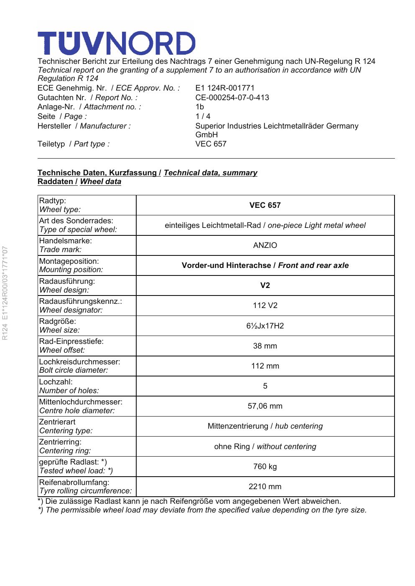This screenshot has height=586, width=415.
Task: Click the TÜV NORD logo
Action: tap(116, 43)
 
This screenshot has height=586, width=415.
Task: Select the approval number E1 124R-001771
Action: tap(225, 88)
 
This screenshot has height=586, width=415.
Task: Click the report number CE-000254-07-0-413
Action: tap(232, 98)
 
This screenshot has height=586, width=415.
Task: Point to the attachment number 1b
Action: tap(200, 107)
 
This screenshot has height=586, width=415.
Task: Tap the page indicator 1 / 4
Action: tap(203, 116)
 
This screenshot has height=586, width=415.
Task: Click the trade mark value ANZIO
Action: tap(265, 245)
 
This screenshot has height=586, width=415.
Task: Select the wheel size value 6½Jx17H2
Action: tap(265, 326)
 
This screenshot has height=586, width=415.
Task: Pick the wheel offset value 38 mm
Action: tap(265, 346)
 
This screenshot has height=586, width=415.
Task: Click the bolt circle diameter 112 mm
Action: tap(265, 366)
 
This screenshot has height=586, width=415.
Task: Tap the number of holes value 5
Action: tap(265, 386)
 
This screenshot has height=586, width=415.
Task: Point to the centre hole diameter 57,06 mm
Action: tap(265, 406)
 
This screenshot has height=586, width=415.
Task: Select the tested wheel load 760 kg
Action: tap(265, 467)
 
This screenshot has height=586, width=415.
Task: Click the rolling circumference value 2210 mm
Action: tap(265, 487)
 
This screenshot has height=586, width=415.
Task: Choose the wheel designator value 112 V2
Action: tap(265, 306)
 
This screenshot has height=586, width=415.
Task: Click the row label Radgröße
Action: tap(58, 321)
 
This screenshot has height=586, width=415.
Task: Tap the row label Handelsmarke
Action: tap(65, 241)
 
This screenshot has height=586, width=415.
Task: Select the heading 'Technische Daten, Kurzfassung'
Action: tap(97, 173)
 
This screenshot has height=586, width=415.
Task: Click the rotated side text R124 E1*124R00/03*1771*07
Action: tap(5, 293)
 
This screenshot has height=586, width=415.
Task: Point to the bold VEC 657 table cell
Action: tap(265, 205)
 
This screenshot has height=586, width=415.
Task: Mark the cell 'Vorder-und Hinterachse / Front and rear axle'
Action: tap(265, 265)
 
